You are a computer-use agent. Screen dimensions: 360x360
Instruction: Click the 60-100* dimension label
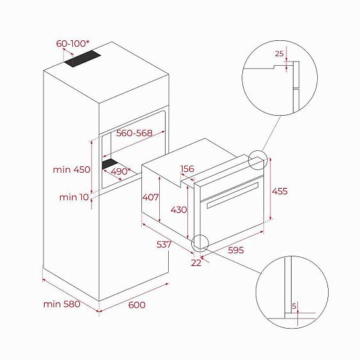(x=72, y=44)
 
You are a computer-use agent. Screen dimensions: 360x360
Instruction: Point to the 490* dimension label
(x=119, y=171)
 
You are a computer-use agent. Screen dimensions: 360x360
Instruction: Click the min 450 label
(x=72, y=169)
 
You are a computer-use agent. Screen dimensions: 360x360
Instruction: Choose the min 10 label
(x=74, y=197)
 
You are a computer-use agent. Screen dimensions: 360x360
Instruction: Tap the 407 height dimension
(x=151, y=197)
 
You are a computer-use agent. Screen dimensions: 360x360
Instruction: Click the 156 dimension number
(x=187, y=169)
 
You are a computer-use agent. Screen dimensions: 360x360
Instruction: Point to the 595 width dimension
(x=237, y=250)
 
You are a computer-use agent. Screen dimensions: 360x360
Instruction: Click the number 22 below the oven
(x=196, y=262)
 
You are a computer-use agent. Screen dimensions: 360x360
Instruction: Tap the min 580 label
(x=62, y=304)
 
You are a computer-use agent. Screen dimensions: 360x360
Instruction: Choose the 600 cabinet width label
(x=137, y=305)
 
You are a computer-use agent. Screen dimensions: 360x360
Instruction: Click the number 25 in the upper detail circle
(x=279, y=54)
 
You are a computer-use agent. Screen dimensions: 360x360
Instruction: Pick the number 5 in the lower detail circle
(x=293, y=306)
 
